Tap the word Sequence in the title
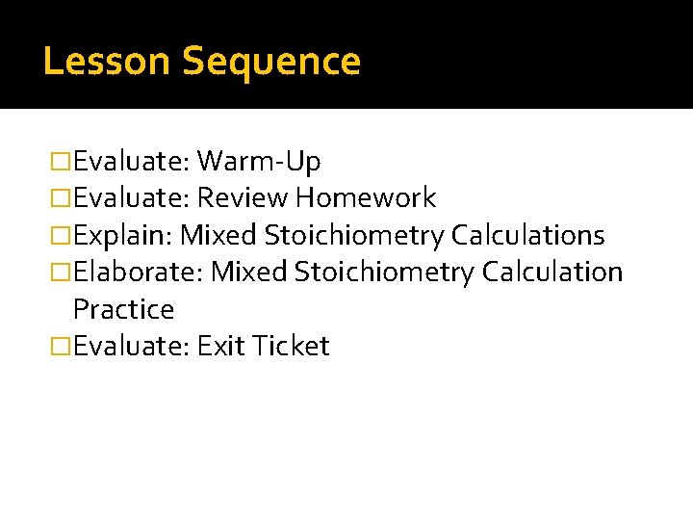pyautogui.click(x=271, y=62)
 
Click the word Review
pyautogui.click(x=243, y=198)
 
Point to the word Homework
pyautogui.click(x=366, y=198)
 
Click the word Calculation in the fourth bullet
pyautogui.click(x=552, y=273)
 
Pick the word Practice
pyautogui.click(x=123, y=309)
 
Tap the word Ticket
pyautogui.click(x=291, y=346)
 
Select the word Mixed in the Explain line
pyautogui.click(x=219, y=235)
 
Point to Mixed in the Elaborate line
pyautogui.click(x=249, y=273)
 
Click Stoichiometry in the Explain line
pyautogui.click(x=354, y=235)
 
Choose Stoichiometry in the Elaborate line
pyautogui.click(x=384, y=273)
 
